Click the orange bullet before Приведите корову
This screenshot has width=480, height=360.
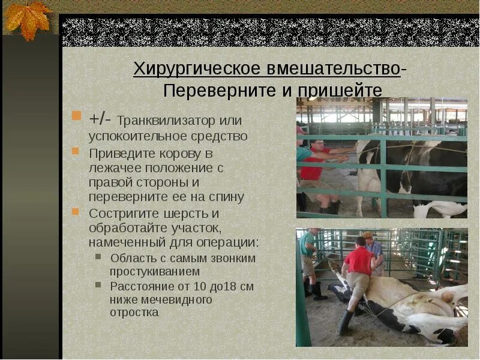click(76, 151)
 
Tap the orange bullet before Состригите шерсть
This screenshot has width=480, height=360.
click(76, 212)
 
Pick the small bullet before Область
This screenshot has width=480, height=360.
click(99, 257)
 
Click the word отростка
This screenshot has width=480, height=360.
click(134, 312)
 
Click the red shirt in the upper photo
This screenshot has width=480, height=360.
click(311, 169)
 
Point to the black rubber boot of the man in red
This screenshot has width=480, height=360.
click(344, 323)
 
